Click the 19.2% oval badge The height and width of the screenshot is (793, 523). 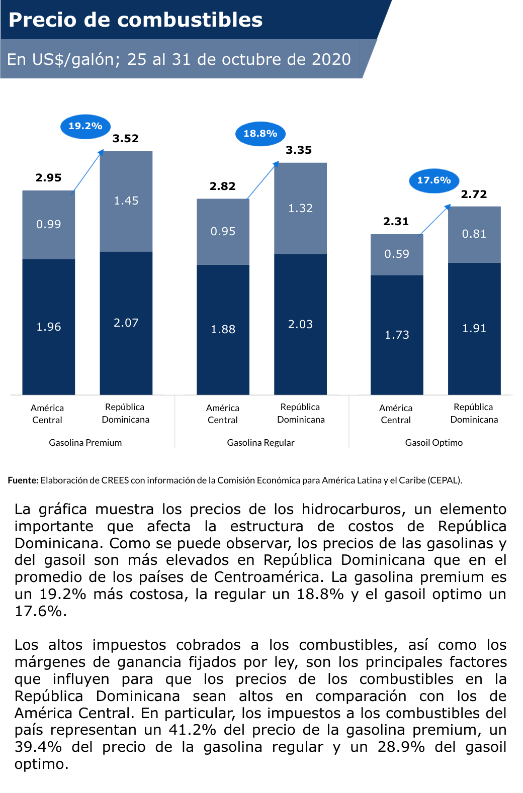tap(85, 126)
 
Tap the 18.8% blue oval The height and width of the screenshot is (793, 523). tap(260, 134)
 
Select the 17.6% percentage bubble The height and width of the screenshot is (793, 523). tap(434, 180)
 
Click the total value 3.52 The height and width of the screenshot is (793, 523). tap(126, 139)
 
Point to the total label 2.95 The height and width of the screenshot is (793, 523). tap(49, 178)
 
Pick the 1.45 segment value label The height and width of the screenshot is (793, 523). tap(126, 201)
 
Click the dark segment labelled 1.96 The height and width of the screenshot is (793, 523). tap(49, 327)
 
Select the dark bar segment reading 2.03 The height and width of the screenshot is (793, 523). tap(300, 324)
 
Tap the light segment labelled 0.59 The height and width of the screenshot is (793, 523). tap(397, 254)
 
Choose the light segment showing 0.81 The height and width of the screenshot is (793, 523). tap(474, 234)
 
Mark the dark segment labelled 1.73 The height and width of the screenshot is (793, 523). tap(397, 335)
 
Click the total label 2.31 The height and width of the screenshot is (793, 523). tap(396, 222)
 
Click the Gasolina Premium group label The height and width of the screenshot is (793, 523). tap(85, 443)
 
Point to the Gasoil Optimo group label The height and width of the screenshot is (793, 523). tap(434, 443)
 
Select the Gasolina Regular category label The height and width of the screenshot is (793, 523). tap(260, 443)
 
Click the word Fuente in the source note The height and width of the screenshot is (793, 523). tap(23, 480)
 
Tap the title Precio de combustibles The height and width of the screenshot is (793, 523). tap(136, 20)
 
